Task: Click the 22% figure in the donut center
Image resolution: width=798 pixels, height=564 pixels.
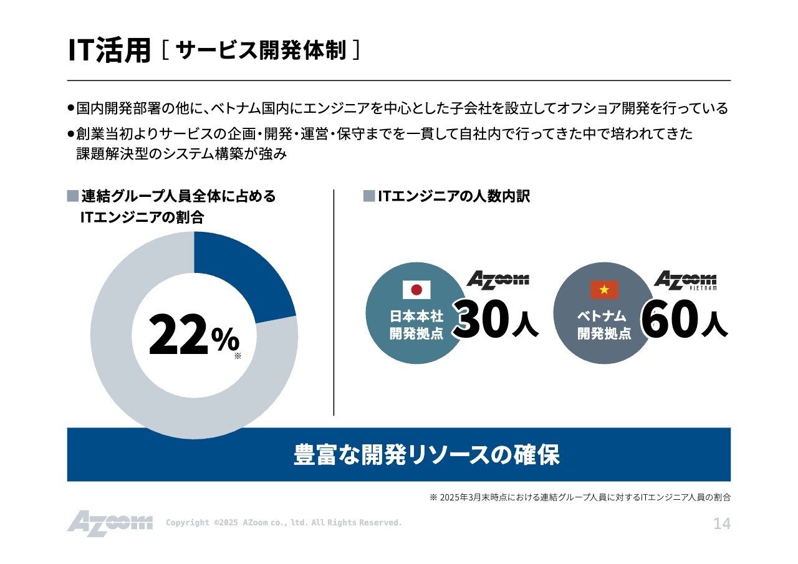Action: click(x=194, y=335)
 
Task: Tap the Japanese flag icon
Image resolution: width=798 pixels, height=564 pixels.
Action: click(x=416, y=290)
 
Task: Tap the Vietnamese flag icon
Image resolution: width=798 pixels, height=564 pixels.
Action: click(x=604, y=290)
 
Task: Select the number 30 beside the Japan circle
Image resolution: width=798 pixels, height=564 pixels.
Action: click(x=482, y=318)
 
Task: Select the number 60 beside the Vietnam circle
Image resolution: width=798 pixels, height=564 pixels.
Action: click(x=670, y=318)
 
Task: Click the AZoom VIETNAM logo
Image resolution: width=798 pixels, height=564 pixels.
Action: click(x=685, y=280)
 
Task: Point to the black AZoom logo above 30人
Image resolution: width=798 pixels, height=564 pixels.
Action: click(x=498, y=280)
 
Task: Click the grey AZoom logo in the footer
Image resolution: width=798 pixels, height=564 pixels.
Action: click(x=110, y=523)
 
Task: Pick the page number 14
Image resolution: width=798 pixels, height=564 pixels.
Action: click(x=722, y=523)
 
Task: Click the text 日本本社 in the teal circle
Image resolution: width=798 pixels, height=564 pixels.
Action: click(x=416, y=316)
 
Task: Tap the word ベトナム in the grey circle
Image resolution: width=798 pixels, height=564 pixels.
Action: click(x=602, y=316)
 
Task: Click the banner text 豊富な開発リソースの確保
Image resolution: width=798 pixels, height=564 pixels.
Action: click(x=426, y=455)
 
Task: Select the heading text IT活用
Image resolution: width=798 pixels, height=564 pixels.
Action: click(x=109, y=50)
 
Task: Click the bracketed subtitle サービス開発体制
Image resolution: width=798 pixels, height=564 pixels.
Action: click(x=261, y=50)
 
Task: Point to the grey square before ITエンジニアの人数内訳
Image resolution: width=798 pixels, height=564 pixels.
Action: click(x=369, y=196)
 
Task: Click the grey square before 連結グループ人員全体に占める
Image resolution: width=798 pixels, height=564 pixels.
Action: click(x=73, y=196)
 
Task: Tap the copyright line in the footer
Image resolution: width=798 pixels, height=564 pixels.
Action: click(x=284, y=522)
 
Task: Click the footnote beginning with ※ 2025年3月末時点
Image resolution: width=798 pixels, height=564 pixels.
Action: click(x=580, y=497)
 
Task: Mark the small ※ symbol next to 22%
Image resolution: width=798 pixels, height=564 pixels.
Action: click(x=238, y=356)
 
